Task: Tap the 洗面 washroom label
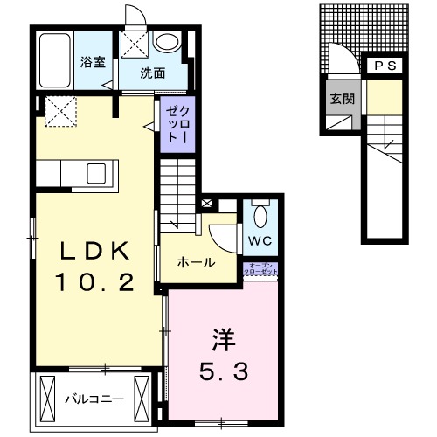[x=153, y=73]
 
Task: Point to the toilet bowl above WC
[x=260, y=214]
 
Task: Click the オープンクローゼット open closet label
[x=261, y=269]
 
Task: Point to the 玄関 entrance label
[x=342, y=97]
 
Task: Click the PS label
[x=384, y=66]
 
